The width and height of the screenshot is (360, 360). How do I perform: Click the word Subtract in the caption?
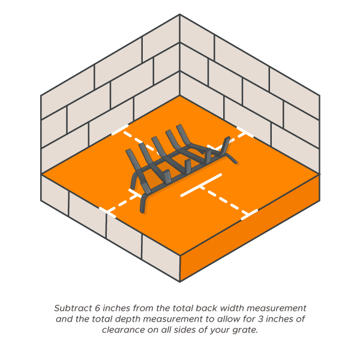[73, 308]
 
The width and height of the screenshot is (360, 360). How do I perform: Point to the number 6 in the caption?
[97, 308]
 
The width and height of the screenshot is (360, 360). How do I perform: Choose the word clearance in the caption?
[124, 330]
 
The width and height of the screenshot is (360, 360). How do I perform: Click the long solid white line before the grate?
[201, 185]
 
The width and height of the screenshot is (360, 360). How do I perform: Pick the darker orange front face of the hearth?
[250, 228]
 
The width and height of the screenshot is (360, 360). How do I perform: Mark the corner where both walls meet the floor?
[180, 95]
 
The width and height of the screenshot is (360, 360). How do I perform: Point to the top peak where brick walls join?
[180, 14]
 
